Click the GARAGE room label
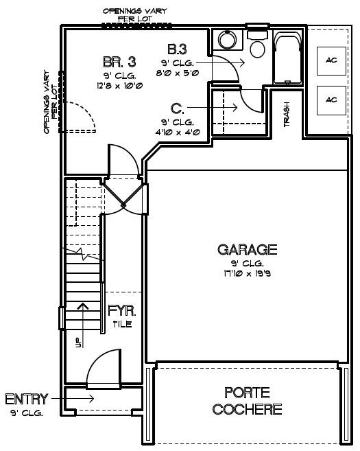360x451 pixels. tap(248, 250)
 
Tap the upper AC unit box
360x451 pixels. tap(331, 61)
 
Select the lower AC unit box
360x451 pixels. tap(331, 100)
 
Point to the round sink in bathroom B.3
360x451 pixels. tap(227, 39)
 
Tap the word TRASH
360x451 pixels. tap(287, 114)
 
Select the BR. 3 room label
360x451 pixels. tap(119, 62)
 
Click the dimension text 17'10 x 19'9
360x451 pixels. tap(248, 273)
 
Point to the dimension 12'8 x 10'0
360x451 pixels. tap(119, 86)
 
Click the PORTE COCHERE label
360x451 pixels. tap(247, 401)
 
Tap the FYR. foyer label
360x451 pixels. tap(122, 311)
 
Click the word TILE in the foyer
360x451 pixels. tap(122, 324)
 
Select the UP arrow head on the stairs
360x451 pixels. tap(84, 306)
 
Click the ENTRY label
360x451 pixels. tap(27, 399)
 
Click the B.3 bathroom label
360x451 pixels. tap(178, 49)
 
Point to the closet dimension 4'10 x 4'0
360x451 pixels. tap(178, 132)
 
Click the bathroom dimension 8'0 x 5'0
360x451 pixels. tap(178, 73)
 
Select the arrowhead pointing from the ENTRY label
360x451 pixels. tap(91, 399)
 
